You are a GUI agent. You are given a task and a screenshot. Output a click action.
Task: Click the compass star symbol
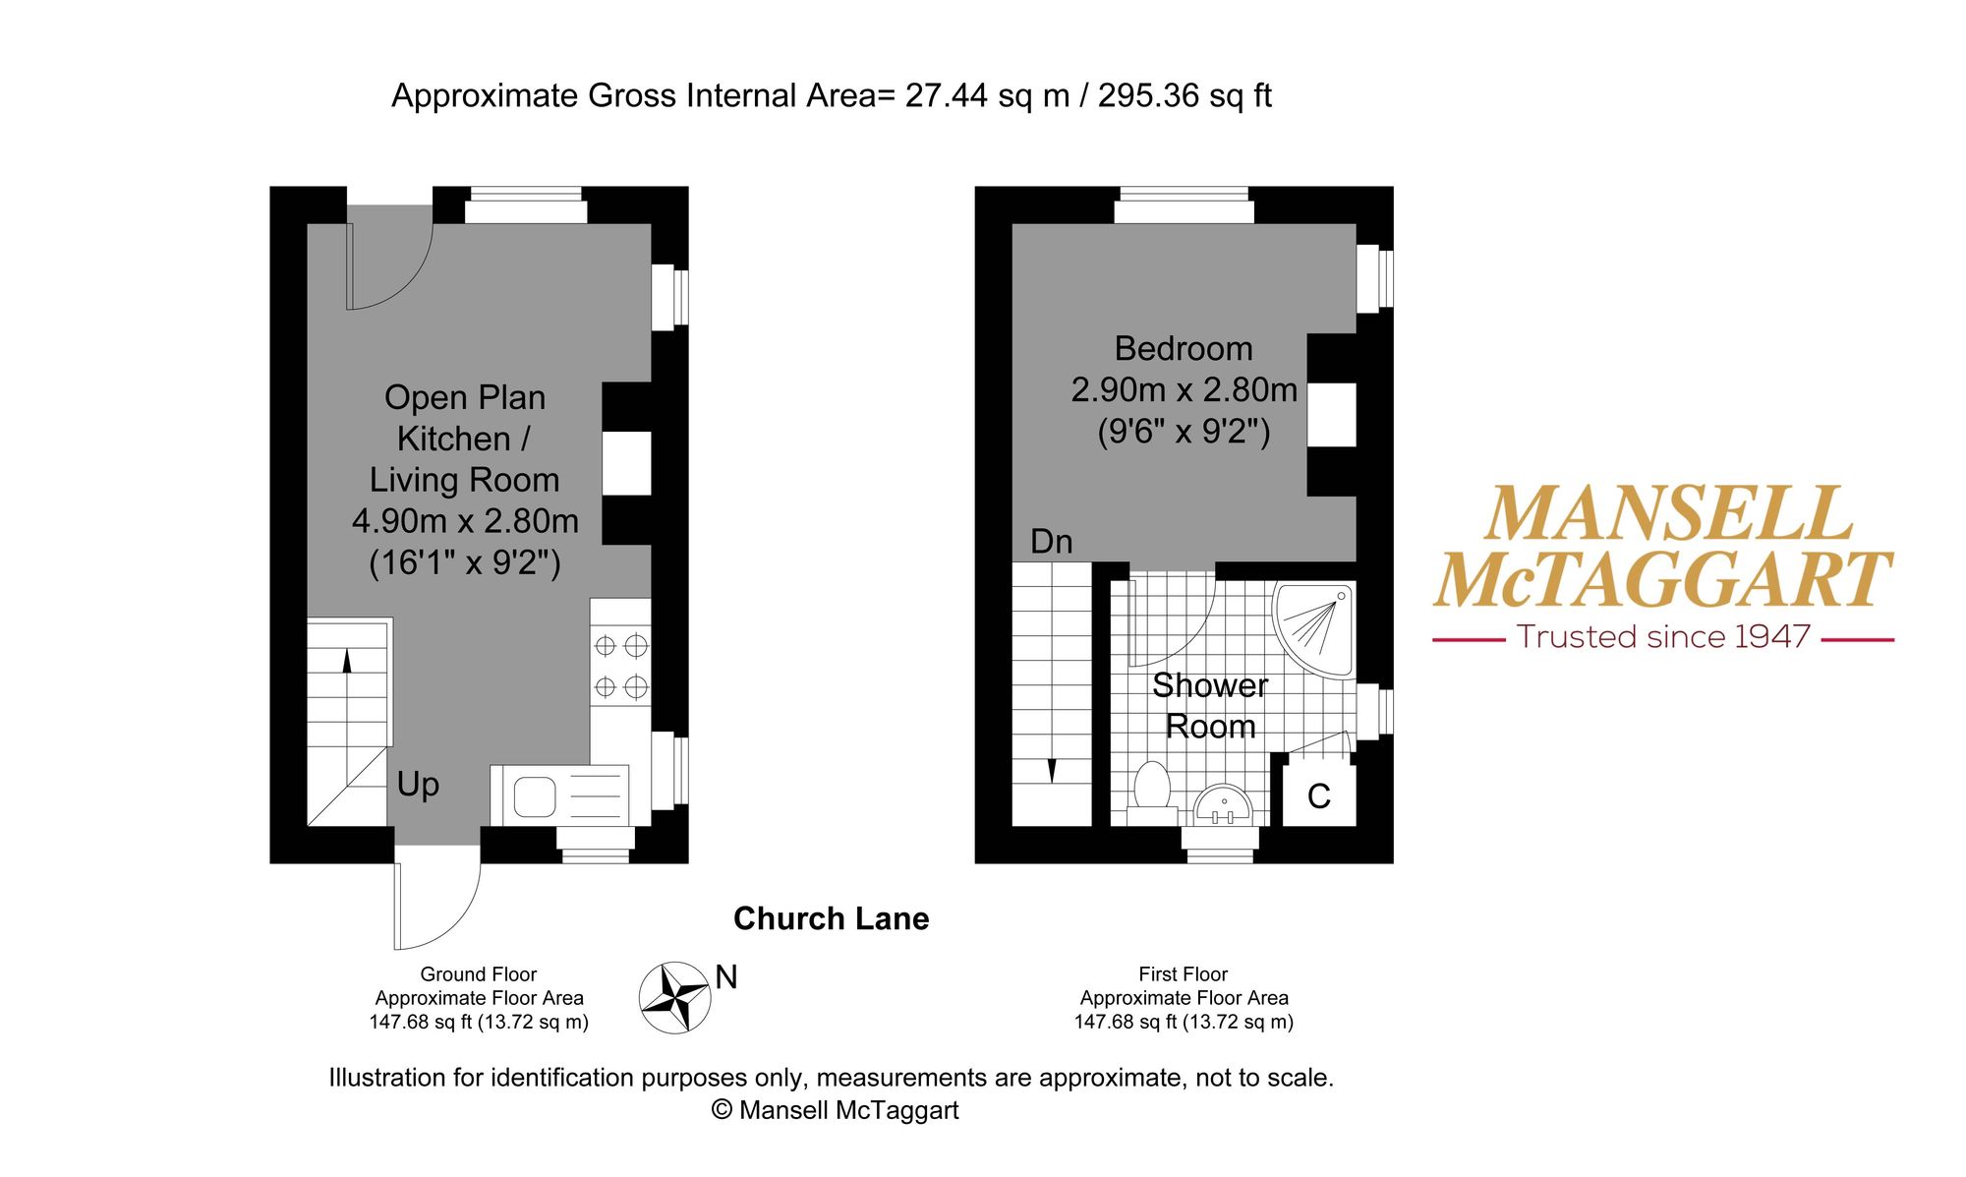coord(674,998)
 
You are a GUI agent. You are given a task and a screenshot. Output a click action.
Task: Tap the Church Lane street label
coord(831,918)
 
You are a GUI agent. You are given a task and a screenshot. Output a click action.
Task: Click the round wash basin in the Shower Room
coord(1223,804)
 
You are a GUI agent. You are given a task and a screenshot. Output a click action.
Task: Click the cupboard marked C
coord(1319,794)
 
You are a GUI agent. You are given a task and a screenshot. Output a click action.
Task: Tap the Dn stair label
coord(1051,541)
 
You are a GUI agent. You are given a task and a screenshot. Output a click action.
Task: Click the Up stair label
coord(418,785)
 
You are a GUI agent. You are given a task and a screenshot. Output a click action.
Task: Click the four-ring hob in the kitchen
coord(620,666)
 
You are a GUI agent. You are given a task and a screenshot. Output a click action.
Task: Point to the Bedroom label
coord(1184,349)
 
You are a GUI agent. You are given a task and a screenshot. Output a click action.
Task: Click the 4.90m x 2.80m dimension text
coord(465,520)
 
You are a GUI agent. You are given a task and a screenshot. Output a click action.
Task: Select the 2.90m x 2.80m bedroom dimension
coord(1184,390)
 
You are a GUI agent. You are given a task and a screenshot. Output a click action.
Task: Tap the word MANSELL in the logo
coord(1668,513)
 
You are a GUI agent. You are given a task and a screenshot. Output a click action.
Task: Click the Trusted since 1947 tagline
coord(1663,637)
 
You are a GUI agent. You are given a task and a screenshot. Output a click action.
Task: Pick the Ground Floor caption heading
coord(479,974)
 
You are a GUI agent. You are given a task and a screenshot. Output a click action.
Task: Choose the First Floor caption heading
coord(1184,974)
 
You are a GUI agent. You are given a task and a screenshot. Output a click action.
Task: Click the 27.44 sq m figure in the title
coord(987,95)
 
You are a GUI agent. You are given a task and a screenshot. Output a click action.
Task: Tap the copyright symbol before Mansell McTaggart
coord(722,1110)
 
